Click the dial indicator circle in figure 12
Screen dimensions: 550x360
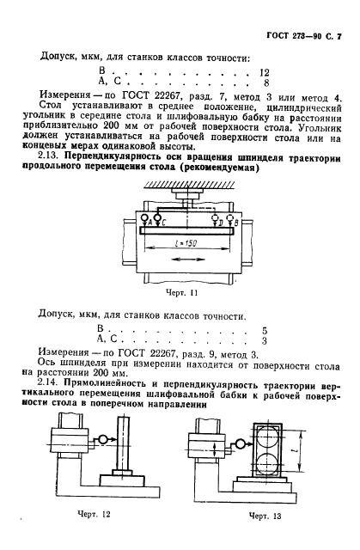tap(101, 440)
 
